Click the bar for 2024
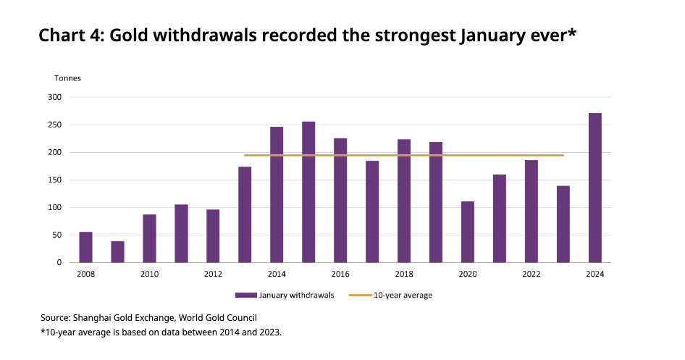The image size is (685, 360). click(594, 188)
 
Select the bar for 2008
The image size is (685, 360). click(85, 247)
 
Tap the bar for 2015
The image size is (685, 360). click(308, 192)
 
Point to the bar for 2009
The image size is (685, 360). click(117, 251)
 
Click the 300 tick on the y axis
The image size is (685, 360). click(55, 97)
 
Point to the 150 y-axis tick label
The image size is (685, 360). click(55, 180)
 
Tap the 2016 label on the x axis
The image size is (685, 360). click(340, 274)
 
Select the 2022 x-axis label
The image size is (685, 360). click(531, 274)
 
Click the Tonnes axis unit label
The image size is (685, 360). click(67, 78)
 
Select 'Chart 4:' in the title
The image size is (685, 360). click(71, 35)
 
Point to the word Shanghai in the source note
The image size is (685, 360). click(94, 317)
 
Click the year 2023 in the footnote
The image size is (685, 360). click(269, 332)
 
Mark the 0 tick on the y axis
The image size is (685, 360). click(59, 262)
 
